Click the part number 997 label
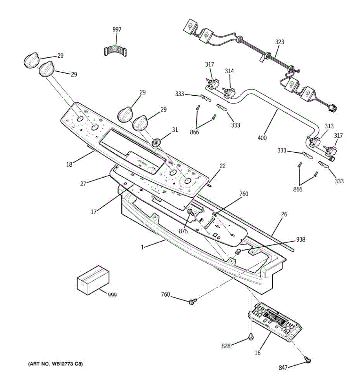click(x=117, y=29)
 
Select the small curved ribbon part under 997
click(x=116, y=52)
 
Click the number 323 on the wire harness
click(x=279, y=42)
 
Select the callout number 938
click(x=300, y=239)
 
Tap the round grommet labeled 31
click(x=156, y=142)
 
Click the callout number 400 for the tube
click(x=262, y=138)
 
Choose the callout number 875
click(x=183, y=231)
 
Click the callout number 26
click(x=284, y=214)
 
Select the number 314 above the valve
click(x=229, y=71)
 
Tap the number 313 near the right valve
click(x=329, y=126)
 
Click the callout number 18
click(x=69, y=164)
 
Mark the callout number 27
click(x=83, y=184)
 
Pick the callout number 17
click(x=93, y=212)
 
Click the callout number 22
click(x=222, y=166)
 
